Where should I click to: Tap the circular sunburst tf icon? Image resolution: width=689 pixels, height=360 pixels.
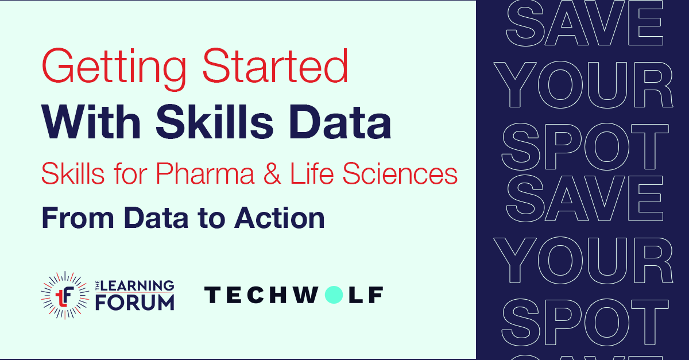pos(63,295)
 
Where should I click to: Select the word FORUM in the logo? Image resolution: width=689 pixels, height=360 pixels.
pos(134,302)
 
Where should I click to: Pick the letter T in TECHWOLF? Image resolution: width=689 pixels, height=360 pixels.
pos(213,295)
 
